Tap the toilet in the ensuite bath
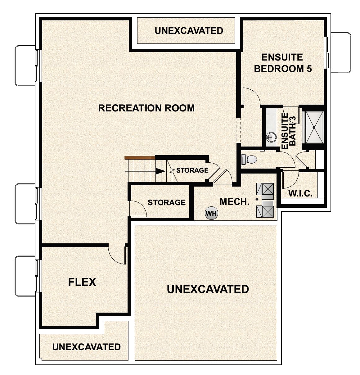[x=249, y=159]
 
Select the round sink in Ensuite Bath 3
[x=271, y=136]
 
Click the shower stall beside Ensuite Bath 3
[x=314, y=127]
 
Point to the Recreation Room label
[x=146, y=108]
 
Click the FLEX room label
[x=82, y=282]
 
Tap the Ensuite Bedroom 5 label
[x=282, y=63]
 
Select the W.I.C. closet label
[x=300, y=194]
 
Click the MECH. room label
[x=234, y=202]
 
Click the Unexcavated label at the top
[x=189, y=31]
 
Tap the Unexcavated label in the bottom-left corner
[x=86, y=347]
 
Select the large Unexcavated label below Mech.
[x=208, y=289]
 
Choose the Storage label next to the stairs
[x=192, y=170]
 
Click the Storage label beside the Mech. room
[x=166, y=202]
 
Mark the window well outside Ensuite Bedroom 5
[x=340, y=52]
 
